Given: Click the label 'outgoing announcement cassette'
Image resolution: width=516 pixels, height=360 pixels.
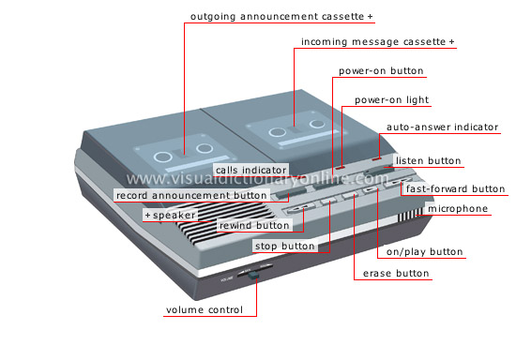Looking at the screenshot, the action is pos(277,17).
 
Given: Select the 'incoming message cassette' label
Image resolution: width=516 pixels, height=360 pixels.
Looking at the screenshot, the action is pos(373,42).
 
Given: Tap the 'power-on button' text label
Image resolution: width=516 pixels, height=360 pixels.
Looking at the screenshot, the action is pos(381,70).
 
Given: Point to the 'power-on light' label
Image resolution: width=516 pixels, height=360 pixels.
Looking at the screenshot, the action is pos(391,100).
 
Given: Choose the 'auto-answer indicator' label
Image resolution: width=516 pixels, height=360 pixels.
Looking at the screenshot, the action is pos(442,127).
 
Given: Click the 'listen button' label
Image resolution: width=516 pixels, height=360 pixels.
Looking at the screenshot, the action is pos(428,160).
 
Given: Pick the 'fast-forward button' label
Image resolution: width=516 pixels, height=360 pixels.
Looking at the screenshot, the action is pos(455,188).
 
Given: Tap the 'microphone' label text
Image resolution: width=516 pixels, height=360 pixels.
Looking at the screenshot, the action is pos(458,209).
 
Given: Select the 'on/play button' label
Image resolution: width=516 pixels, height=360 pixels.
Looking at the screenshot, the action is pos(424,252).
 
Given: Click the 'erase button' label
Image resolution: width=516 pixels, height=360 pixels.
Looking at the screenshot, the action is pos(396,274).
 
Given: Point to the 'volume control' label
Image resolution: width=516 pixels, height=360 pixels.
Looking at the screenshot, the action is pos(205,310).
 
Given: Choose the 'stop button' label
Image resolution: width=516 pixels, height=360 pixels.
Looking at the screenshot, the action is pos(285,247).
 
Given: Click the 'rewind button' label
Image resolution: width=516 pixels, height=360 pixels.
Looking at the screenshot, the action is pos(254,226).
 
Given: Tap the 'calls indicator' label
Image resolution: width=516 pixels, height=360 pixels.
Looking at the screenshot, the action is pos(250,171).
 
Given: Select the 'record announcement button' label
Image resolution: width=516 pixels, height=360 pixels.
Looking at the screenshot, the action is pos(191,195).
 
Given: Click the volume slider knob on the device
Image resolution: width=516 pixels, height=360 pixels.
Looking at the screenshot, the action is pos(253,275).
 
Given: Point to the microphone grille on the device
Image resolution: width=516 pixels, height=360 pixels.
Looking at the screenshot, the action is pos(410,215).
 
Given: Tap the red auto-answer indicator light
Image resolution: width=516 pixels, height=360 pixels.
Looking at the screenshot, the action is pos(377,159).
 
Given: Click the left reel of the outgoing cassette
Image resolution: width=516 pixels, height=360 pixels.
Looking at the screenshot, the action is pos(163,157).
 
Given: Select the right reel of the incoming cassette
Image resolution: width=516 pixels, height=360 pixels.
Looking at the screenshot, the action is pos(317,124).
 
